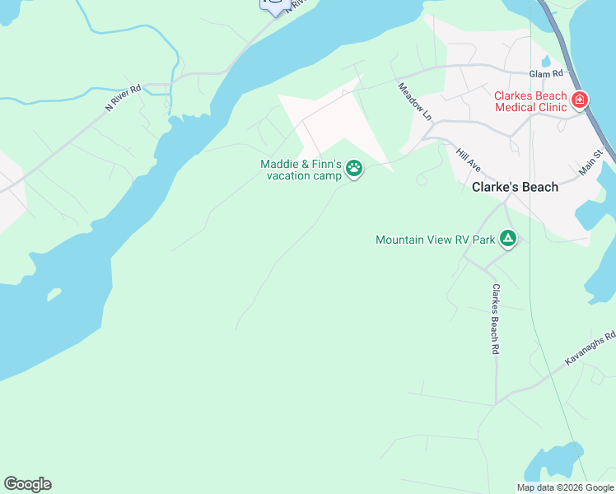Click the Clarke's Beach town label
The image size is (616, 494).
(515, 187)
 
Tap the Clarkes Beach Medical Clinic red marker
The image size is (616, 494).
(580, 100)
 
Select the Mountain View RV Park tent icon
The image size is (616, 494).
(509, 240)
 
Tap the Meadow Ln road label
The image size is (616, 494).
(415, 101)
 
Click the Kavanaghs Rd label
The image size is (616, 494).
(590, 349)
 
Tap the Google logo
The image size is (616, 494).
(27, 484)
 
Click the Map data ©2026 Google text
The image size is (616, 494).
(566, 487)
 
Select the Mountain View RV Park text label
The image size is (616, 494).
(435, 240)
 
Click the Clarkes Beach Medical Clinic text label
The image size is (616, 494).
(530, 101)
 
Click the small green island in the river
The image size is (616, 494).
(54, 293)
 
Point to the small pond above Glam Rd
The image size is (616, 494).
(545, 62)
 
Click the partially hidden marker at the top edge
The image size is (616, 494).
(274, 6)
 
